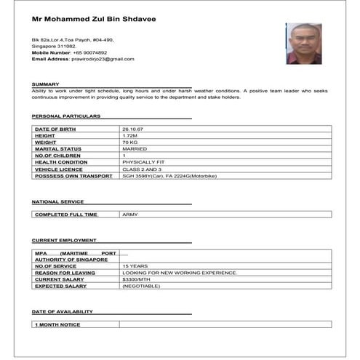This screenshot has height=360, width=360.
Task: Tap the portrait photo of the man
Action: coord(303,44)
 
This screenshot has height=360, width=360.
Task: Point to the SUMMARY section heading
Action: coord(45,84)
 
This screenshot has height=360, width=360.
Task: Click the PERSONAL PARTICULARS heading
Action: coord(66,116)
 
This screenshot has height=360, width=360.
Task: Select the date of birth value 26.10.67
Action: coord(133,129)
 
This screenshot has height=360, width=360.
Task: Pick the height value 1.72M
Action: coord(130,135)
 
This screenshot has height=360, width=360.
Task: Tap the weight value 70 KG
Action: coord(130,142)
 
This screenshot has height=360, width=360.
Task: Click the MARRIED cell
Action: coord(135,148)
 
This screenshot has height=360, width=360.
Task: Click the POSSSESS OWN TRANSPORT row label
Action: coord(73,176)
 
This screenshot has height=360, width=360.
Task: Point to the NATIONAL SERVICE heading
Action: coord(57,201)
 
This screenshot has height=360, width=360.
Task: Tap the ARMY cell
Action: coord(130,215)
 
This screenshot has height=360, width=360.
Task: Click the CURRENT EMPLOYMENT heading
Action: coord(64,240)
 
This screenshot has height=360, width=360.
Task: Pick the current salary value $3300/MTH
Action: coord(137,279)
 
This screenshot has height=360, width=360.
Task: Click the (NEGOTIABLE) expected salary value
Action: coord(141,286)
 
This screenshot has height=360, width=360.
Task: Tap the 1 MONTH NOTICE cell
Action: coord(57,324)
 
